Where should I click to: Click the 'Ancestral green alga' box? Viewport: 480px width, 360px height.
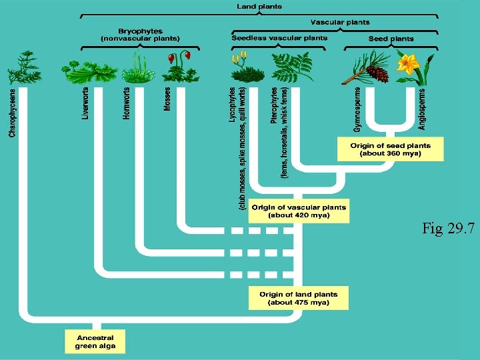point(95,341)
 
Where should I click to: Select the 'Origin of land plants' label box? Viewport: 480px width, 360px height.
point(299,298)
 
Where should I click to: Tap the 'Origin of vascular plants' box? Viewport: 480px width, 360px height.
point(299,211)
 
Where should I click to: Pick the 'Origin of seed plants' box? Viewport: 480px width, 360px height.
point(390,149)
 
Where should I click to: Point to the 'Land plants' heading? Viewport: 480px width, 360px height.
point(259,7)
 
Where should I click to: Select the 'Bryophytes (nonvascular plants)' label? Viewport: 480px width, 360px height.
point(140,35)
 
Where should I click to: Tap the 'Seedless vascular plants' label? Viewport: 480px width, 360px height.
point(279,38)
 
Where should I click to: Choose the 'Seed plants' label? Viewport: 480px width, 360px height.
point(391,39)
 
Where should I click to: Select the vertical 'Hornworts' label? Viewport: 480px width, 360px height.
point(126,103)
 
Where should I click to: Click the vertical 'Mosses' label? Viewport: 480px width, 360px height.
point(167,99)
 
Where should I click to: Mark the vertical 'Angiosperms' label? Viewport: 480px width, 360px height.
point(422,107)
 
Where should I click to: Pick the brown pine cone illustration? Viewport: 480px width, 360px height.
point(377,73)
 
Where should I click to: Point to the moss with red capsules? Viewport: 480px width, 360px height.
point(179,65)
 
